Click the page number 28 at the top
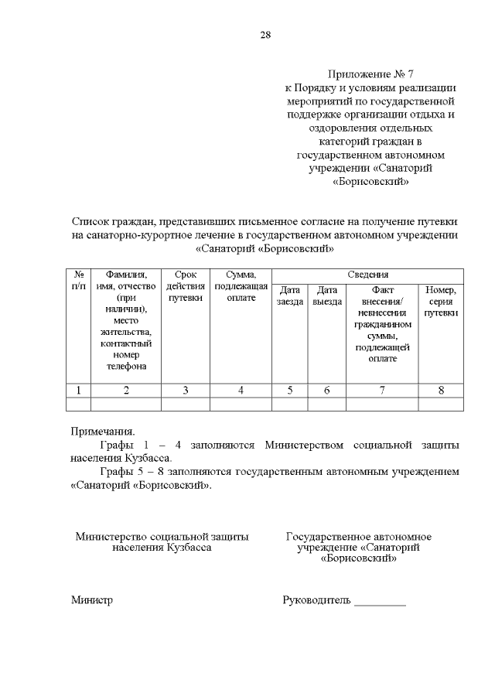click(266, 35)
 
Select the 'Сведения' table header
click(367, 275)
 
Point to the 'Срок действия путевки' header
click(186, 286)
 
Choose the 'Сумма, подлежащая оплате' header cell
click(241, 286)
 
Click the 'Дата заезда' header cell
click(290, 295)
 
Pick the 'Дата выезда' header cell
click(327, 295)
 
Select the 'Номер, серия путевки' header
click(441, 301)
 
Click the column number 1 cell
click(79, 390)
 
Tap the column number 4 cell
click(241, 390)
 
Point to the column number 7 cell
click(382, 390)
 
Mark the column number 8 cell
click(441, 390)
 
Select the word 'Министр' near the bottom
click(92, 599)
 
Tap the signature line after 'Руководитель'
click(380, 602)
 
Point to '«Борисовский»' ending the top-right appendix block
click(370, 183)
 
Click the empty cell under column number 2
click(126, 403)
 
